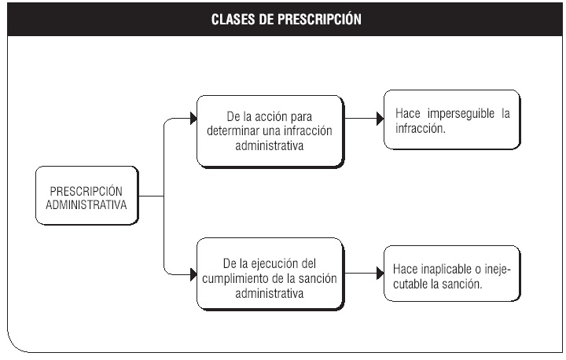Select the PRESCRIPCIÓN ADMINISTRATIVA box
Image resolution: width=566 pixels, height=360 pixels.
[87, 196]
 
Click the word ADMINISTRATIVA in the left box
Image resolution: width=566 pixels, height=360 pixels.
[86, 205]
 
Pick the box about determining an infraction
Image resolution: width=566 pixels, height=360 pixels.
[270, 131]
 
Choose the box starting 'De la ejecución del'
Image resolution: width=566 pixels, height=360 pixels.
[270, 274]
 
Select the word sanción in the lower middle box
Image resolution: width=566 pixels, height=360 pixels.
[318, 279]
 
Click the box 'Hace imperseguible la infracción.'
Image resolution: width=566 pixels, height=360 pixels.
[452, 120]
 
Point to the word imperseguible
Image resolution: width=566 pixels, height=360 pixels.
[461, 114]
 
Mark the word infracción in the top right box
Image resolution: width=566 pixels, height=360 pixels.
[421, 129]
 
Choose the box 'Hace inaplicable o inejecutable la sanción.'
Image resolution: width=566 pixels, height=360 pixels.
[452, 274]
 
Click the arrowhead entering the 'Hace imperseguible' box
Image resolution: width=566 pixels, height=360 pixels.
[380, 119]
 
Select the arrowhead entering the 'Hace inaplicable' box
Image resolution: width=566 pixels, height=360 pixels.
[380, 274]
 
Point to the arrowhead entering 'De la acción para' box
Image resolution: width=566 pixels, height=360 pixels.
[193, 119]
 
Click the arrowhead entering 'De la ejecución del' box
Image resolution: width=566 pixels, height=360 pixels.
[193, 275]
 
